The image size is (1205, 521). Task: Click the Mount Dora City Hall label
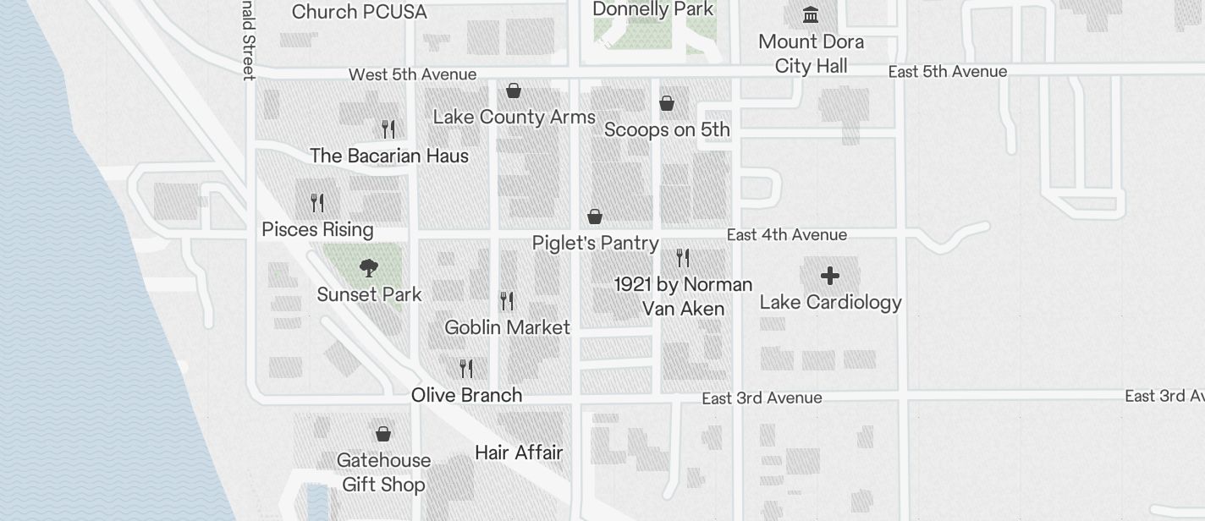click(x=811, y=53)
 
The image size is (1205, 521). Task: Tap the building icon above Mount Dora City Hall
click(x=811, y=15)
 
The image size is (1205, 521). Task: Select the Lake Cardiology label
click(x=830, y=302)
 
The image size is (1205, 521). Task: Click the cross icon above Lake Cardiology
click(x=830, y=276)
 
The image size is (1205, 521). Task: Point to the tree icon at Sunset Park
click(x=368, y=269)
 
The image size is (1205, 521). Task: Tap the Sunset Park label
click(x=369, y=294)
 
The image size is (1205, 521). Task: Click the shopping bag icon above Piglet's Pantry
click(x=595, y=217)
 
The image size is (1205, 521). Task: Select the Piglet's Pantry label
click(x=595, y=243)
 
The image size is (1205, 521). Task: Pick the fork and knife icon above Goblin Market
click(x=507, y=300)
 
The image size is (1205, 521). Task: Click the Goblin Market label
click(x=507, y=327)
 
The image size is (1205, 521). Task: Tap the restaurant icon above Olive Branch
click(x=466, y=368)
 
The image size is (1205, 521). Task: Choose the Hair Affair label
click(x=519, y=452)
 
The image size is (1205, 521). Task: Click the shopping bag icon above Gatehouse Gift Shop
click(x=383, y=434)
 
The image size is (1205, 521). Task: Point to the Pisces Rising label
click(x=317, y=229)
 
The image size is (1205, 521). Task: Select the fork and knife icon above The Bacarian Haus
click(x=388, y=129)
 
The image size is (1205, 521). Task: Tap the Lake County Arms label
click(x=514, y=117)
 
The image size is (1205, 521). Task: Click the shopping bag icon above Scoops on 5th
click(x=667, y=103)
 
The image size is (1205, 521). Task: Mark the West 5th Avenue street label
click(x=412, y=74)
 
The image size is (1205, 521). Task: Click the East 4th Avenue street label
click(x=786, y=234)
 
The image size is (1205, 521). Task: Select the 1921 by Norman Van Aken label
click(x=683, y=296)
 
